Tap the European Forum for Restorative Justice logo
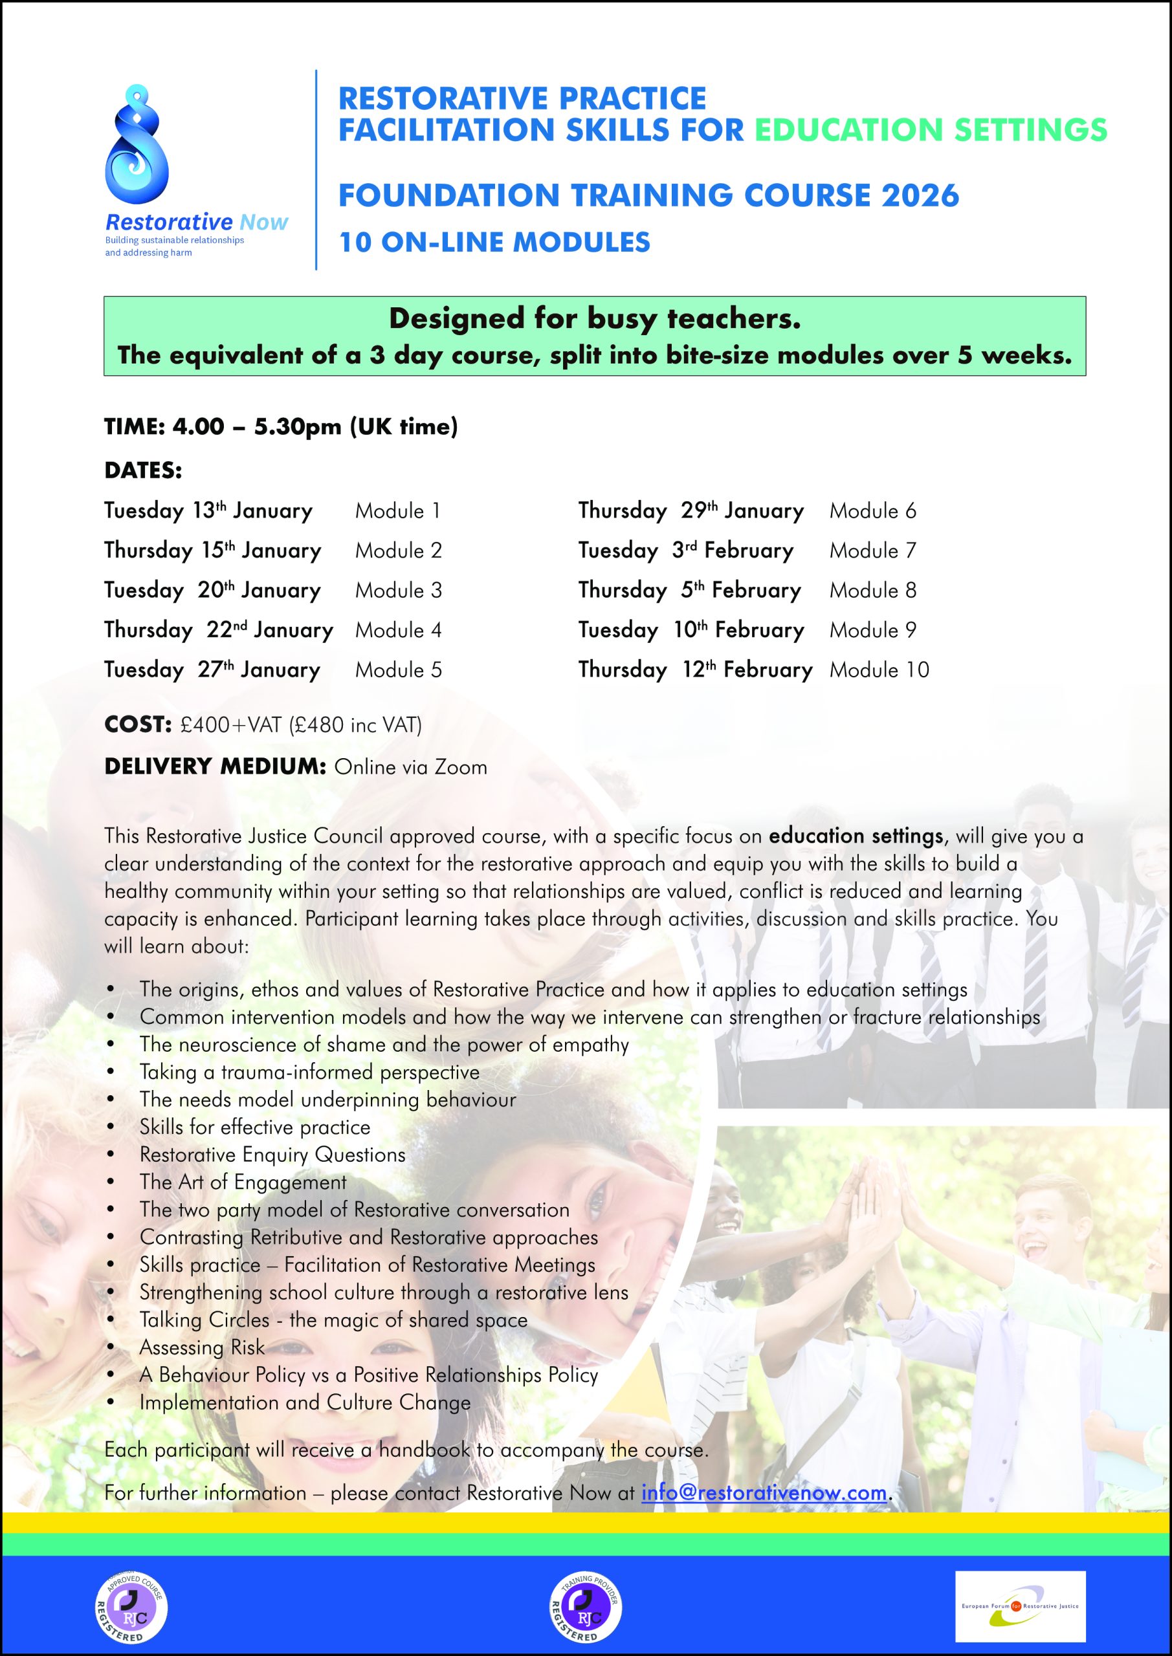click(x=1020, y=1606)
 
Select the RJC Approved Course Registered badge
click(x=131, y=1606)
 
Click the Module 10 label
click(x=879, y=670)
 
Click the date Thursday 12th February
click(x=694, y=670)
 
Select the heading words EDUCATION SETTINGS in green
click(x=930, y=130)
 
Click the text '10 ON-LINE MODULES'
click(x=494, y=243)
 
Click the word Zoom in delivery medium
click(x=459, y=767)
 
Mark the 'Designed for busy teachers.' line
click(x=595, y=319)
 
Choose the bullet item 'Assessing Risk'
click(x=202, y=1347)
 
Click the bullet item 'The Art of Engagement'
click(x=243, y=1182)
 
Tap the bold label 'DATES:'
click(x=143, y=471)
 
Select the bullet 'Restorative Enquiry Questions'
click(x=272, y=1155)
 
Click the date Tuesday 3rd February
click(x=685, y=551)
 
